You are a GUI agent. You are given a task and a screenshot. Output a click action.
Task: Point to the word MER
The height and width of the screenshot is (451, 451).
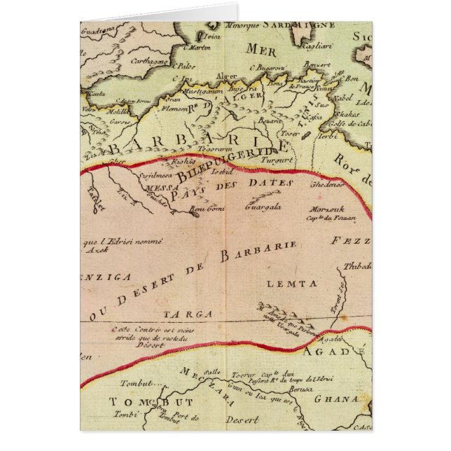coord(261,49)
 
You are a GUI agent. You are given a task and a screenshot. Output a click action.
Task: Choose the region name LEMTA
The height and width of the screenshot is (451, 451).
coord(291,283)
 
